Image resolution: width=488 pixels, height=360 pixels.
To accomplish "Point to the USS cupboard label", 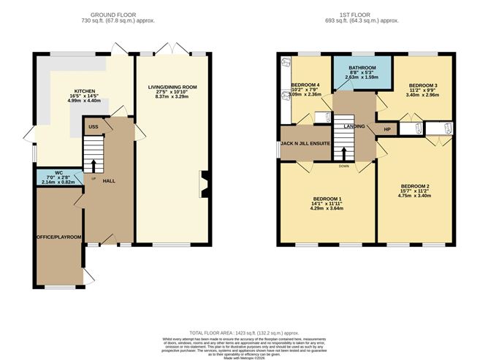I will (94, 127).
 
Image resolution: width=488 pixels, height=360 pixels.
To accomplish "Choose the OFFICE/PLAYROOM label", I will (60, 237).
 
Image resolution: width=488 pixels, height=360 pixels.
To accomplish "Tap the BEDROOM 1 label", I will (327, 199).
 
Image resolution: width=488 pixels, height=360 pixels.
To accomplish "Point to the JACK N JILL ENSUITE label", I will (304, 145).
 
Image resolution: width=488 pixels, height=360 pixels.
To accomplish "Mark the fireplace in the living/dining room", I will (205, 183).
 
